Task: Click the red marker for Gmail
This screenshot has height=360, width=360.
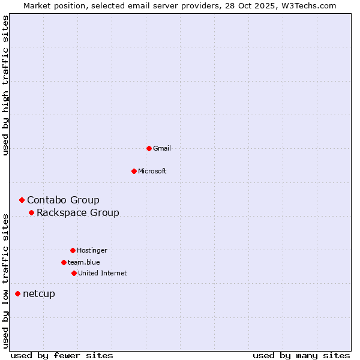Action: (149, 148)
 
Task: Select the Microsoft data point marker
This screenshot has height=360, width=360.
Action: (134, 171)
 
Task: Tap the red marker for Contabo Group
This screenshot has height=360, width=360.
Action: (22, 200)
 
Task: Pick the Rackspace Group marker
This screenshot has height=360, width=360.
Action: (31, 212)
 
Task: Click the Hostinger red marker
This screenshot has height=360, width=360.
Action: (73, 250)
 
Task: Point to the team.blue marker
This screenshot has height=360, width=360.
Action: (64, 262)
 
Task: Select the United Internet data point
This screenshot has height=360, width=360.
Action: (74, 273)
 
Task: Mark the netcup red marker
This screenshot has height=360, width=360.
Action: (17, 293)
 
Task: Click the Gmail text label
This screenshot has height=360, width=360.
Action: (162, 148)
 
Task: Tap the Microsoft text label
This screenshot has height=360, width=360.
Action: (152, 171)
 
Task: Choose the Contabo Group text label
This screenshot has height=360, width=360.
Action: (63, 200)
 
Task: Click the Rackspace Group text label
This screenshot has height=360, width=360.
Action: (78, 212)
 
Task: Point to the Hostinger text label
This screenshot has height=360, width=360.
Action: (92, 250)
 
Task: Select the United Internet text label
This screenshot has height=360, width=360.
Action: (103, 273)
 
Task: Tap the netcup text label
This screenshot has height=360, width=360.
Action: (39, 293)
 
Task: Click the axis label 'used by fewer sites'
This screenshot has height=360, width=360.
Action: (62, 355)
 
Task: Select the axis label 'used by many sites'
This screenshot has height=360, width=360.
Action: (301, 355)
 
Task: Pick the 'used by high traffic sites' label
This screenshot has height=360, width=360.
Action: (6, 85)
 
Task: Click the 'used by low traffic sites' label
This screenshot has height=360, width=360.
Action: (6, 280)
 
